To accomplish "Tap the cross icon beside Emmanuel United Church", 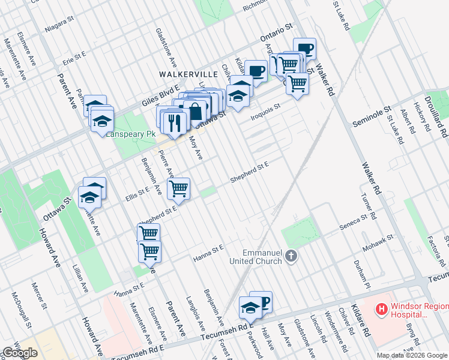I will pos(291,256).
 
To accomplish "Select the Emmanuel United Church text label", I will pos(255,256).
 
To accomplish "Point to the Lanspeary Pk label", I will pos(130,133).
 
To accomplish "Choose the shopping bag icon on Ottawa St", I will pos(196,111).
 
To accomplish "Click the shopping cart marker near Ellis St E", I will pos(179,188).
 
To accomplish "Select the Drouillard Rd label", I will pos(441,118).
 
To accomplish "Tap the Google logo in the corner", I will pos(20,353).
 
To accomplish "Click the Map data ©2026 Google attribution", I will pos(412,355).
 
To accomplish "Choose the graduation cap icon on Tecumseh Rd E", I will pos(250,308).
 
